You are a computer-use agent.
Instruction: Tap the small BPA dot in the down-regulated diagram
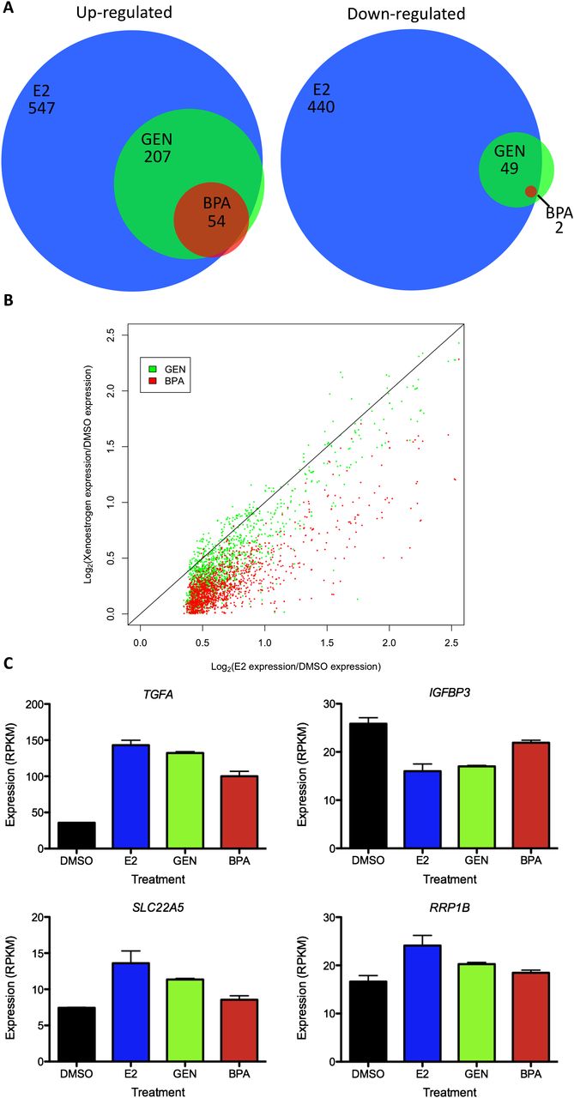(x=530, y=191)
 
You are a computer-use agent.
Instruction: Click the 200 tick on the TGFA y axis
(x=35, y=705)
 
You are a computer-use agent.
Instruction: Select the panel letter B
(x=8, y=302)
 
